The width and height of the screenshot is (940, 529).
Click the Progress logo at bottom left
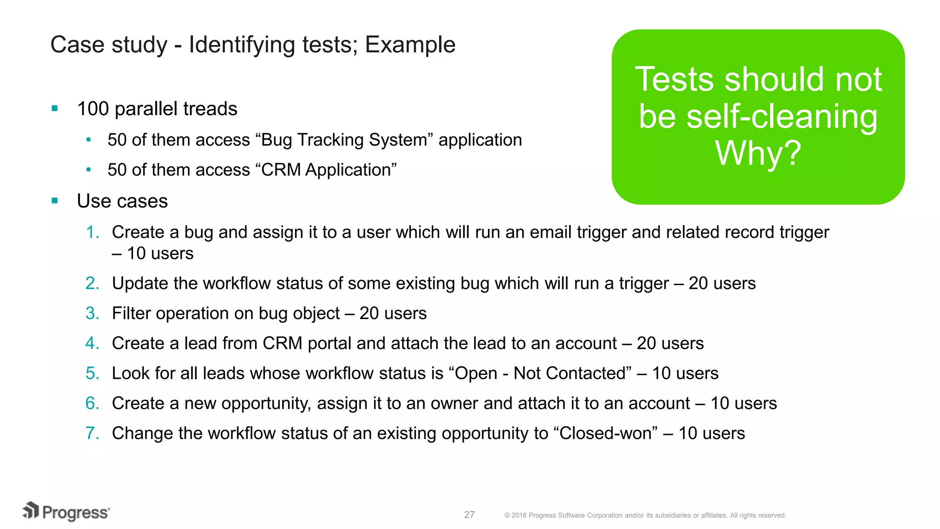[67, 512]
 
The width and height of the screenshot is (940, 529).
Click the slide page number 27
[469, 515]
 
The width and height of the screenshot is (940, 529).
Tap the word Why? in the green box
[758, 153]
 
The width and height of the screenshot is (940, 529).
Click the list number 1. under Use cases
[93, 232]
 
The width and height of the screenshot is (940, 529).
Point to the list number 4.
[92, 343]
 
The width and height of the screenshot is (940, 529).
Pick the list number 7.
[92, 433]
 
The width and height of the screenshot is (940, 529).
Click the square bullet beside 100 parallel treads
[55, 109]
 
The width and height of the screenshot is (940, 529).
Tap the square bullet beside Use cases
[55, 201]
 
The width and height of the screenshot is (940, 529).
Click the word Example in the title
[410, 45]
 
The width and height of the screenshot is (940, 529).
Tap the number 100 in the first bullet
[93, 109]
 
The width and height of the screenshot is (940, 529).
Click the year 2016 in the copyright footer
[519, 515]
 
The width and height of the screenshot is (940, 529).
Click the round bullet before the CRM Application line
[89, 170]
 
